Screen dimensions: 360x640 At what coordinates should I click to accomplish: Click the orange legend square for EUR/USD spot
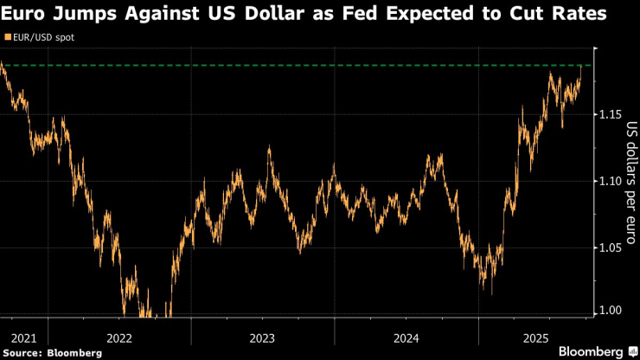[x=7, y=38]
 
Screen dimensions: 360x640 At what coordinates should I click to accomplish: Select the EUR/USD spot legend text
[x=44, y=38]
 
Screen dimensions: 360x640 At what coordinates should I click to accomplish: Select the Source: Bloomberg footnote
[x=52, y=352]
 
